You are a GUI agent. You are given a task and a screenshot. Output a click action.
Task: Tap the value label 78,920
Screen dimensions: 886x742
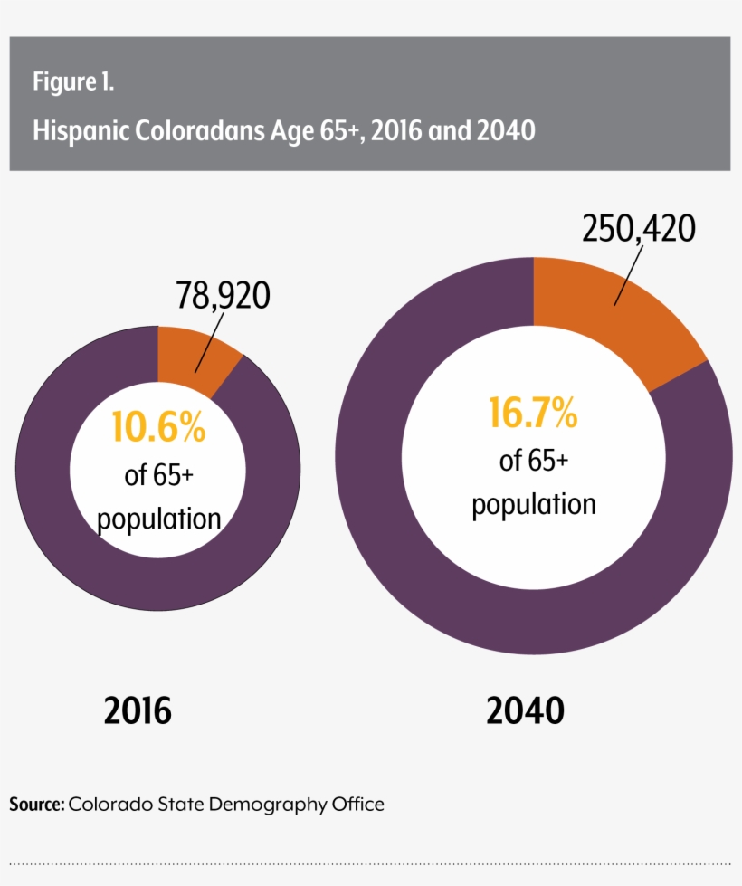(223, 295)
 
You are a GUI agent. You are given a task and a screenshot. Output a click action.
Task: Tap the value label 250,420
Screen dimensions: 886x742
(639, 228)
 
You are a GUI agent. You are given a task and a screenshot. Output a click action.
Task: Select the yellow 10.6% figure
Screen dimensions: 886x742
(158, 427)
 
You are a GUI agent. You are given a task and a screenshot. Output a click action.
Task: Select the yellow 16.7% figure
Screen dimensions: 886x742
(533, 414)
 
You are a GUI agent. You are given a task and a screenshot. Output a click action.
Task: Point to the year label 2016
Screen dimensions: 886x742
(138, 711)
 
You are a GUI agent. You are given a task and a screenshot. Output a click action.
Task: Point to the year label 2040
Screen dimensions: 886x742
(525, 711)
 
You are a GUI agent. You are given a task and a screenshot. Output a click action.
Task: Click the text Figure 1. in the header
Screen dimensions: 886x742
(73, 82)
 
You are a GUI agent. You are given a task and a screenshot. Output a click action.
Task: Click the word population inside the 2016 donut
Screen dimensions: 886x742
(159, 519)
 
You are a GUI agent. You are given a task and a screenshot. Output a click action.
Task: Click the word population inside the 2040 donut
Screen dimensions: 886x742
(534, 504)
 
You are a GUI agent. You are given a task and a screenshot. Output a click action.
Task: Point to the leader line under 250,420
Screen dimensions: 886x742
(630, 276)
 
